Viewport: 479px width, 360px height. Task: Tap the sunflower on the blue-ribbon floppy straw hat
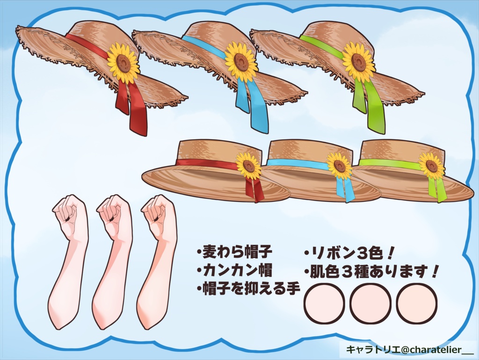[x=241, y=61]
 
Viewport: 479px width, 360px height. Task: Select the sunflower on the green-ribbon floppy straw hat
[x=358, y=62]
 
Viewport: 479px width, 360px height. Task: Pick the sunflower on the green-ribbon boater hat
[x=431, y=166]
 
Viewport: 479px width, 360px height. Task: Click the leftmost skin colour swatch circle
[x=325, y=303]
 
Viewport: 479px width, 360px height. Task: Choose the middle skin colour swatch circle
[x=370, y=303]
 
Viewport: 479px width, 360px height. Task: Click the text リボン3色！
[x=350, y=253]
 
